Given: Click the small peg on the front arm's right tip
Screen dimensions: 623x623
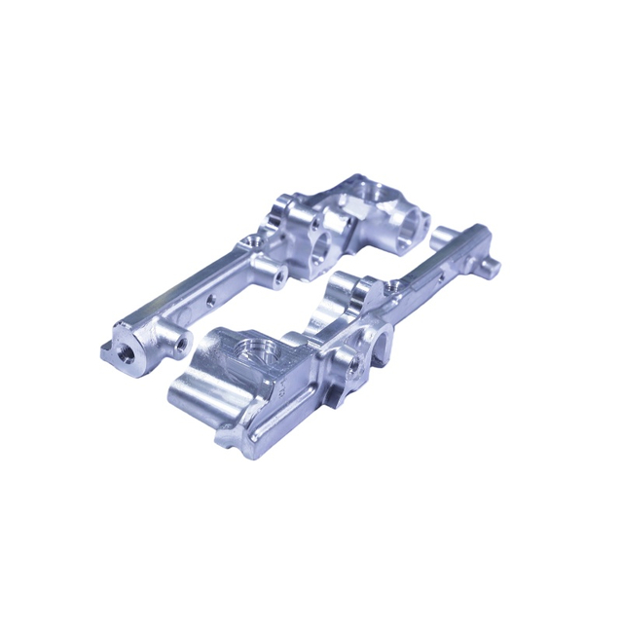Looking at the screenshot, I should click(494, 263).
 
